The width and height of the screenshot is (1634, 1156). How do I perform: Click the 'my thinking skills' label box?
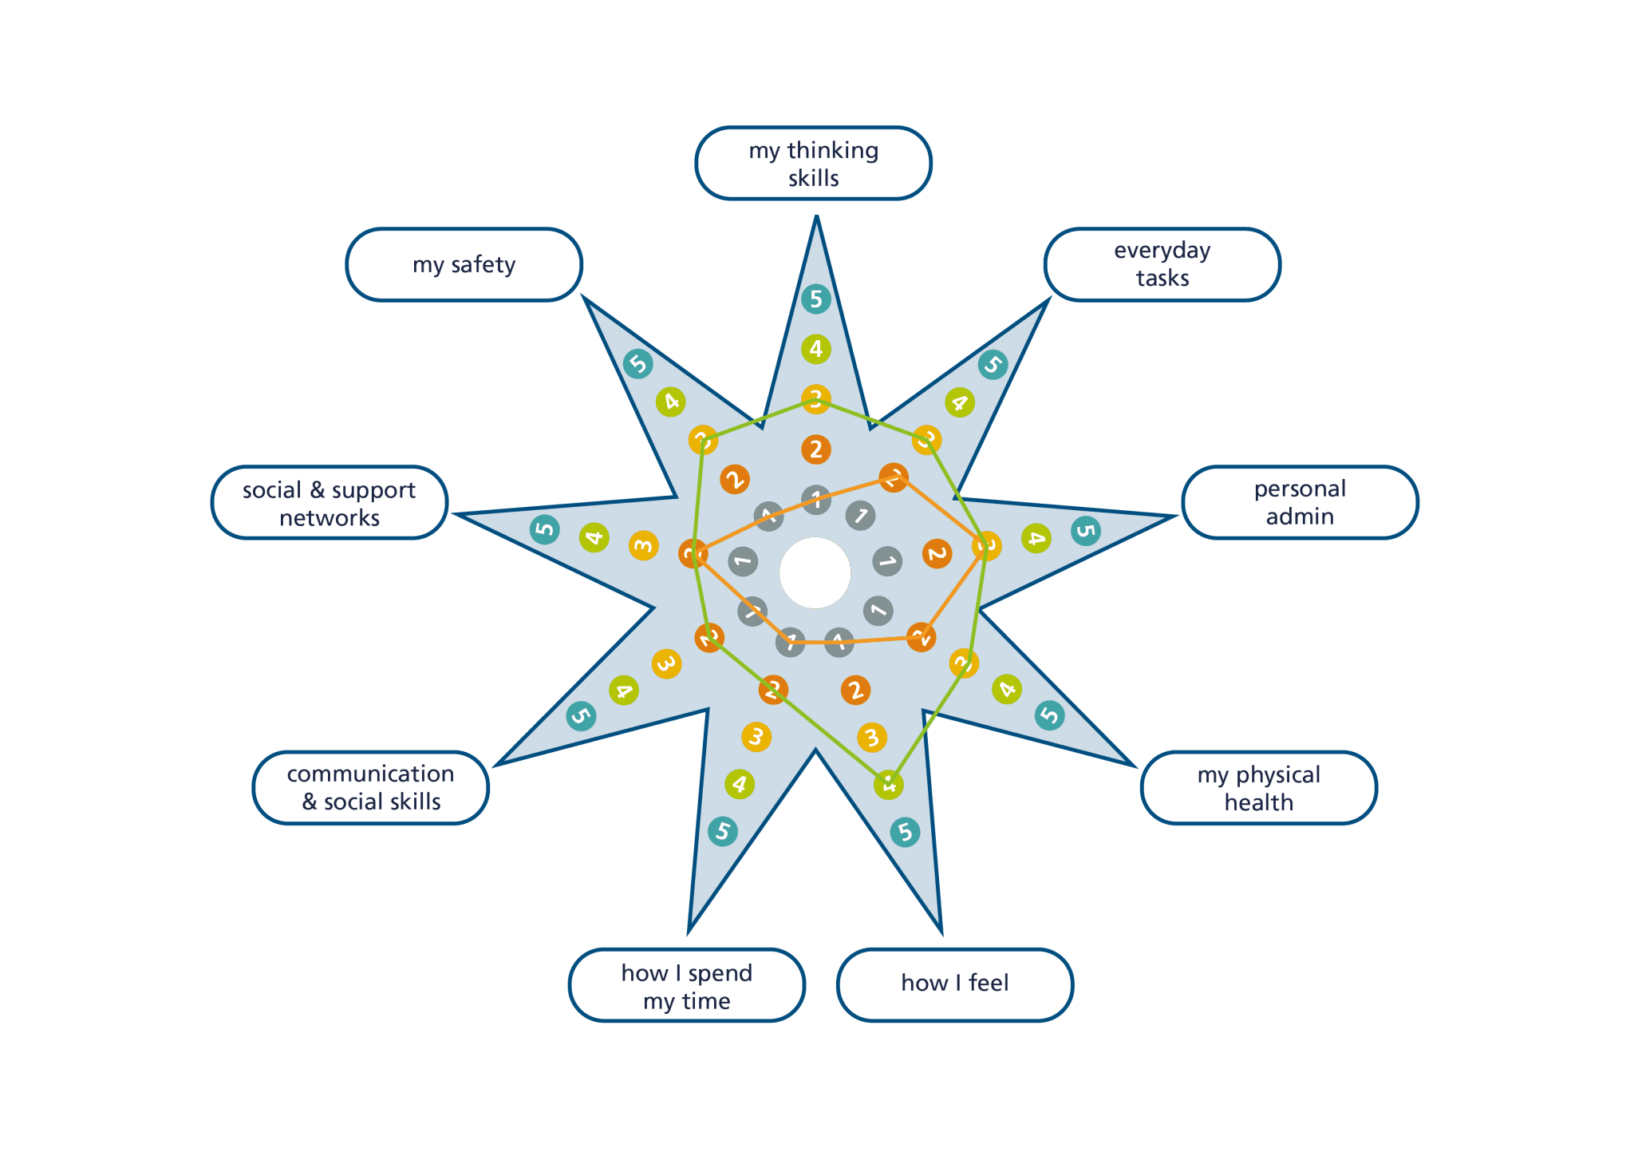click(813, 164)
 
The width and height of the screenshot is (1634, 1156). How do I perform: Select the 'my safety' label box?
click(464, 265)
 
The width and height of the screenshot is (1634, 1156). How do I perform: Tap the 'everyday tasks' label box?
click(1162, 265)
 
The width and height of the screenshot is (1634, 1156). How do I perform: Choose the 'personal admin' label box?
click(1299, 503)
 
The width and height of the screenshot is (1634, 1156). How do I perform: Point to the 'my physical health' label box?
click(1258, 788)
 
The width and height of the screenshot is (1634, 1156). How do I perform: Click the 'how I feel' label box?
click(954, 984)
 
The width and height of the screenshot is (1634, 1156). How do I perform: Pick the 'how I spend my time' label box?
click(686, 986)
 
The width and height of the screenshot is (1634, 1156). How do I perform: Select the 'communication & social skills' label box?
click(370, 788)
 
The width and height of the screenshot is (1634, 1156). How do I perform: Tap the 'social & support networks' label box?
click(329, 503)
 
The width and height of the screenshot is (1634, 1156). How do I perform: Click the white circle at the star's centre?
click(815, 572)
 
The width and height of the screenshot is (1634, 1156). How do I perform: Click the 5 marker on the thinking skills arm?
click(815, 299)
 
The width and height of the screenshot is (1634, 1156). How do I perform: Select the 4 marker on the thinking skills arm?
click(815, 349)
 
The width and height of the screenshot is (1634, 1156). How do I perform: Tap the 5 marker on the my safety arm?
click(638, 364)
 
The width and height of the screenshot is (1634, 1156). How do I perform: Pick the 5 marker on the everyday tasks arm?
click(993, 365)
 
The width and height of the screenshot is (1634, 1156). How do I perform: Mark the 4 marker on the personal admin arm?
click(1036, 539)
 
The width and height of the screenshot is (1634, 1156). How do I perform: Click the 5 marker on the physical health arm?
click(1050, 715)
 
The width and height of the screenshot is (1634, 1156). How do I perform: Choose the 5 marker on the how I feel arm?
click(905, 833)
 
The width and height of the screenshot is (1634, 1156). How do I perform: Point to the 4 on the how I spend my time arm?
click(740, 784)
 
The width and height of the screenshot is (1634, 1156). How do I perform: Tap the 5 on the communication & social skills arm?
click(581, 715)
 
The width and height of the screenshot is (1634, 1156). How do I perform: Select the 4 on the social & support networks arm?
click(594, 538)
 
